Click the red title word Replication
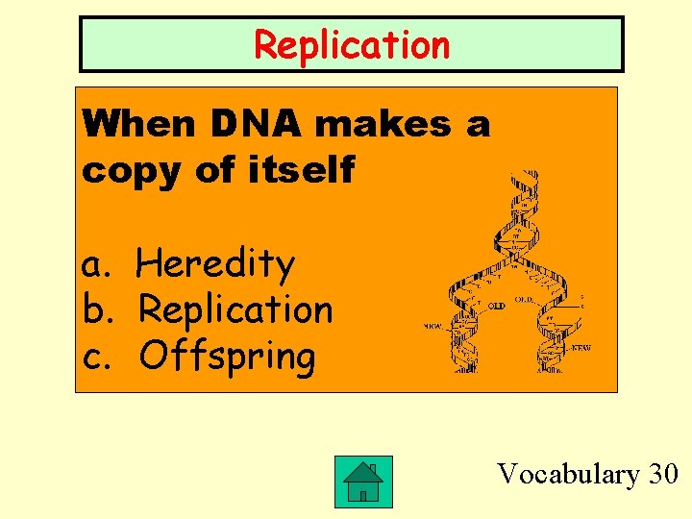[x=352, y=45]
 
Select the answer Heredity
[x=216, y=264]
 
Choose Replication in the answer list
[x=235, y=310]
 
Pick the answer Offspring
[x=227, y=357]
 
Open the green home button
[x=363, y=482]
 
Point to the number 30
[x=663, y=474]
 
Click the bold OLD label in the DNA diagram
[x=497, y=307]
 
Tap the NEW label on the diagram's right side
[x=582, y=348]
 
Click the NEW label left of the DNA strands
[x=432, y=327]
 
